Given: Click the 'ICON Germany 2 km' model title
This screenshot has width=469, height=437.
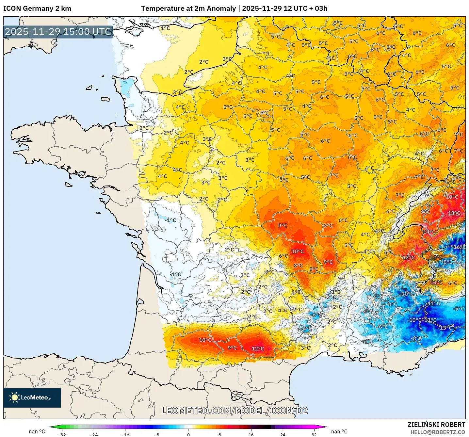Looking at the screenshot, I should [37, 8].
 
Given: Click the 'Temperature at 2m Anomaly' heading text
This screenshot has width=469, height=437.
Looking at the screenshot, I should [188, 8].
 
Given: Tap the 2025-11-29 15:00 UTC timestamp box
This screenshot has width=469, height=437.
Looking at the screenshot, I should [58, 32].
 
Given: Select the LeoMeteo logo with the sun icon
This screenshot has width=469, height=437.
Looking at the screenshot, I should [32, 397].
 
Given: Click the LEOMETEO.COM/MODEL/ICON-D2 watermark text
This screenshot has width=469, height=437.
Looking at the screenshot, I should [234, 411].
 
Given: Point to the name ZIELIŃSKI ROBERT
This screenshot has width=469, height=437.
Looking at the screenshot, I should [436, 425].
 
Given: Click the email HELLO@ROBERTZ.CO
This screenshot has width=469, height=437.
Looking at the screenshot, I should [438, 432].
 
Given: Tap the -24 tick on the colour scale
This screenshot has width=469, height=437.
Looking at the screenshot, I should [93, 434].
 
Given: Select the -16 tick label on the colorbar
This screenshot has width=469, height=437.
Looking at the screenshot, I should [125, 434].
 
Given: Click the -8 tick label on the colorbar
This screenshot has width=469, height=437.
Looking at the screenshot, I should [157, 434].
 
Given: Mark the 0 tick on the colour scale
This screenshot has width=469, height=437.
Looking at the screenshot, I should [188, 434].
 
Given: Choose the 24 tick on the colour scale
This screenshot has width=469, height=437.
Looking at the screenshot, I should [283, 434].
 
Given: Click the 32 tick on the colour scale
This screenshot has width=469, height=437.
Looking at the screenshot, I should [314, 434].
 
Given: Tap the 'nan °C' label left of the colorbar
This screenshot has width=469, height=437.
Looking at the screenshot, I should [37, 431].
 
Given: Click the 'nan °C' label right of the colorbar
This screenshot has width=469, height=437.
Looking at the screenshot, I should [339, 431].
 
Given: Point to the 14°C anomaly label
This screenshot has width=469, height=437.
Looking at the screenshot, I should [429, 232].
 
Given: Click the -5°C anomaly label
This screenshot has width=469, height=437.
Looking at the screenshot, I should [459, 309].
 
